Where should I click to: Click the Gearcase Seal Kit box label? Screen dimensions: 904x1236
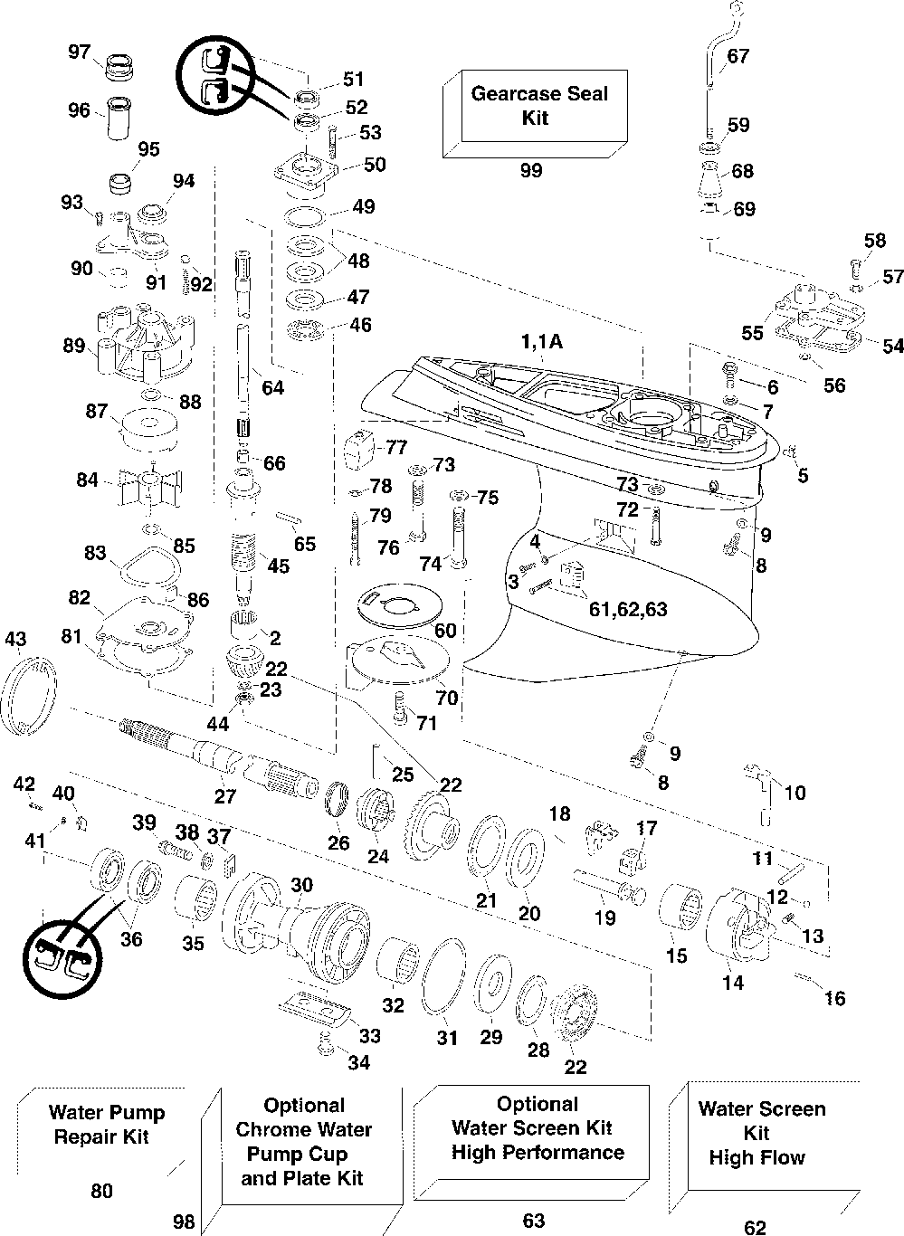pos(538,105)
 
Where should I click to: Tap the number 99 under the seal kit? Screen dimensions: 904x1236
pos(531,170)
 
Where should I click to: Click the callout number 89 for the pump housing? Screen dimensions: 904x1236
pos(74,346)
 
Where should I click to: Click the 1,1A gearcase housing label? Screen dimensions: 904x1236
pos(542,342)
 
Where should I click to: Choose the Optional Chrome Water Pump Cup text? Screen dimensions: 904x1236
pos(303,1129)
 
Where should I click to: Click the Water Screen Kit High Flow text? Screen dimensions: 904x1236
pos(761,1133)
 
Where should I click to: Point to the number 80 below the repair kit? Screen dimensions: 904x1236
pos(101,1191)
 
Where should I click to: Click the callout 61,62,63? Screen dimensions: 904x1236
pos(628,609)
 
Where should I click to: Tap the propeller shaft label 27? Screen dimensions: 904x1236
pos(225,795)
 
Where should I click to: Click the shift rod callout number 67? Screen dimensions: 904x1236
pos(737,56)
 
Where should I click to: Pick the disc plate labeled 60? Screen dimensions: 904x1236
pos(400,604)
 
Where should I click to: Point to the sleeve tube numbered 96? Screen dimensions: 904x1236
pos(119,119)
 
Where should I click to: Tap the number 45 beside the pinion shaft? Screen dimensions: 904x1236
pos(278,566)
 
